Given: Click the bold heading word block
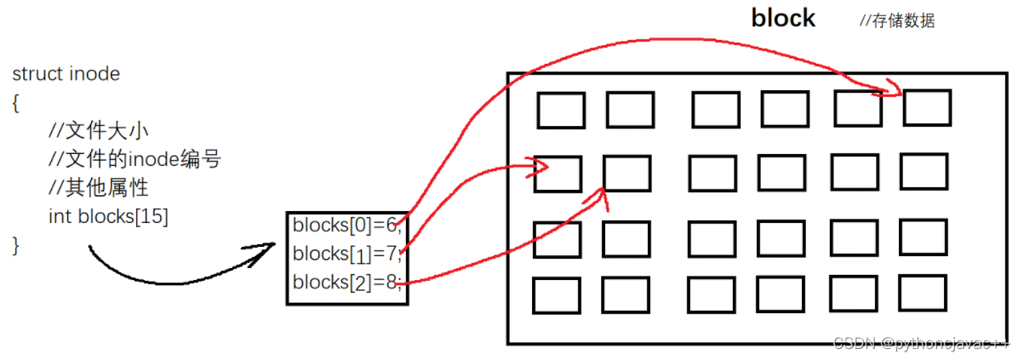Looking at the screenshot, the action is (x=783, y=19).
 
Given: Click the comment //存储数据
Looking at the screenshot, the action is (x=897, y=21).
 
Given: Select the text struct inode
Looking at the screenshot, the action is (x=66, y=74).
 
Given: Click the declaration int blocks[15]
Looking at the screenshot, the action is (x=108, y=216).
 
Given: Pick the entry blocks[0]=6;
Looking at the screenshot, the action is (x=346, y=226).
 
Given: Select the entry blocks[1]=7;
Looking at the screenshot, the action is (x=346, y=254).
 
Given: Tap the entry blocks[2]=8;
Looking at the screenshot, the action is (x=346, y=282).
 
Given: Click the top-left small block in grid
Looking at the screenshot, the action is (x=561, y=111).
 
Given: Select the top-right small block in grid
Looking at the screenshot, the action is (x=927, y=107).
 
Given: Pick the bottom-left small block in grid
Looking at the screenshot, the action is (x=557, y=295).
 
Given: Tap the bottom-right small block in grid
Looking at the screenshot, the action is (x=923, y=292).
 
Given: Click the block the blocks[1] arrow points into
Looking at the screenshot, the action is (x=558, y=174).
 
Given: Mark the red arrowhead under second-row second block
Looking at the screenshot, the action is (x=606, y=197).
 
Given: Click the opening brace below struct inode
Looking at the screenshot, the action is (x=15, y=102).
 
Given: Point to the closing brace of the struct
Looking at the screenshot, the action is (x=15, y=245).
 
